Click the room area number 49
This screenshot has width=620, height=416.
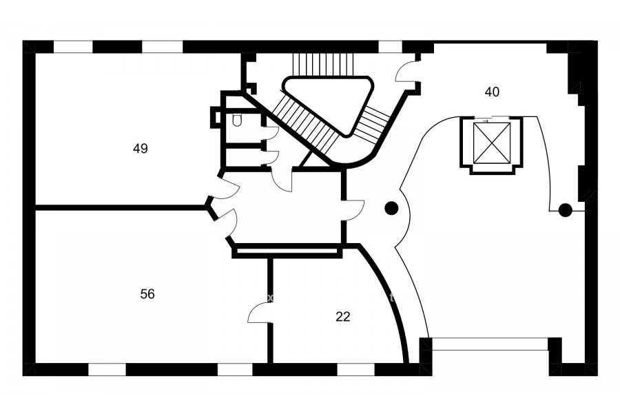pos(141,149)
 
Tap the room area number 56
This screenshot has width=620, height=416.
pos(147,294)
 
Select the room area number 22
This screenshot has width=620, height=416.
pos(343,317)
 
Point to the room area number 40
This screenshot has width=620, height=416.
pos(492,92)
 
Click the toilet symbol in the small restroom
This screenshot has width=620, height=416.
pos(237,120)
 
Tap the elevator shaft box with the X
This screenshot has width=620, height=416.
pos(493,143)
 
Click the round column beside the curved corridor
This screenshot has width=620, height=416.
pos(391,208)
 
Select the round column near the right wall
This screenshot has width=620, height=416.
pos(565,210)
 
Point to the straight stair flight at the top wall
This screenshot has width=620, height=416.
pos(322,64)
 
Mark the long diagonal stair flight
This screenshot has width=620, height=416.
pos(307,125)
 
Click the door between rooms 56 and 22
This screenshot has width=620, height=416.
pos(260,313)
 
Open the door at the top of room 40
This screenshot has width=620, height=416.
pos(406,71)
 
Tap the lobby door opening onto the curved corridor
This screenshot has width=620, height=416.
pos(354,210)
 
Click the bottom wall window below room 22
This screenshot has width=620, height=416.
pos(355,369)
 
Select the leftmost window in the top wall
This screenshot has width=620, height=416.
pos(73,47)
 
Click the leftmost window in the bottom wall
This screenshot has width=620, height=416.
pos(107,369)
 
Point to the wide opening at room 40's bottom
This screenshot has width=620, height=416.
pos(490,344)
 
